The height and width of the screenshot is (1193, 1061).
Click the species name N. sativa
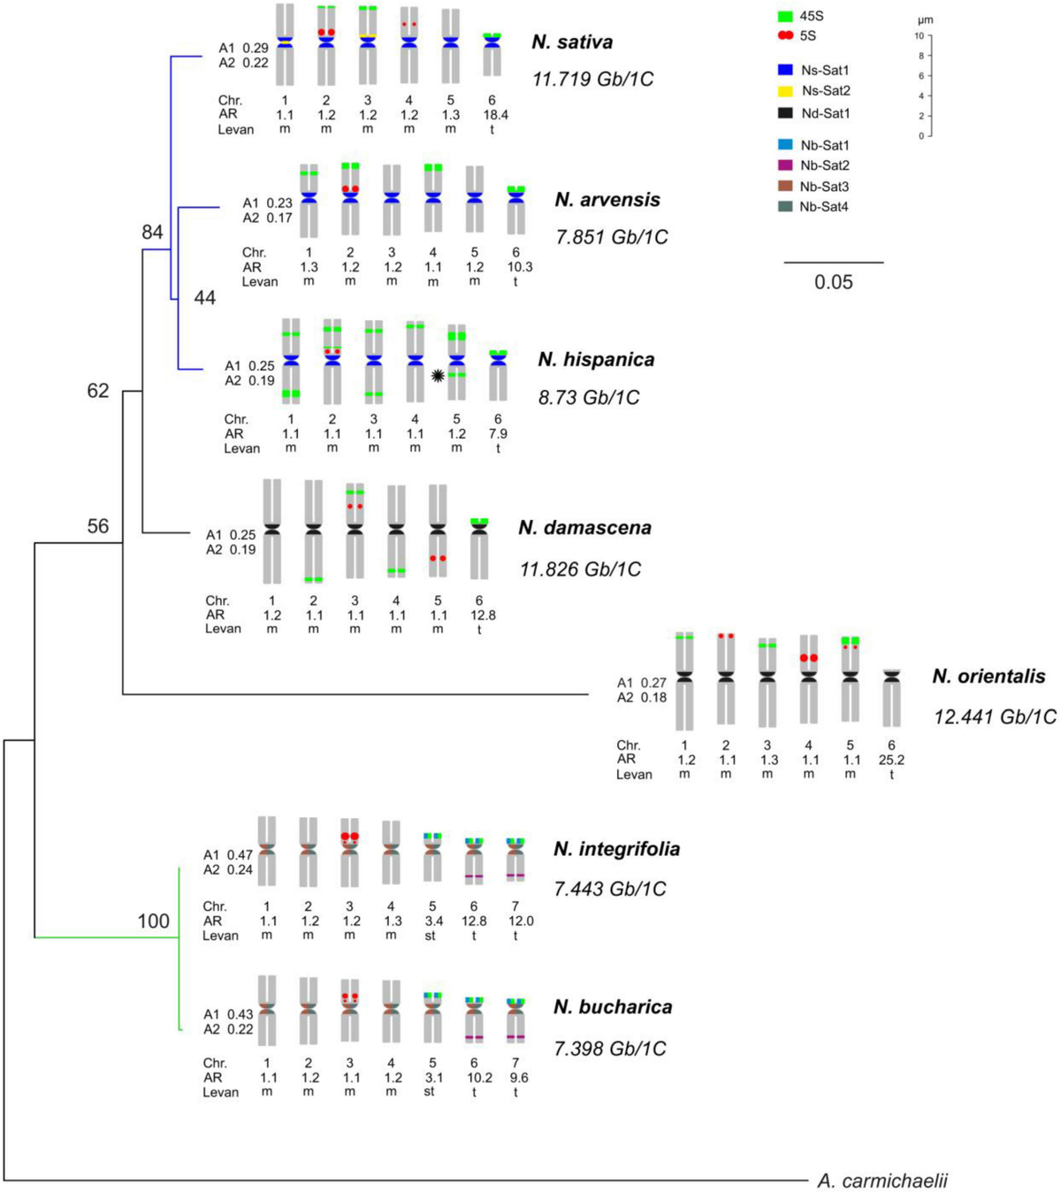pyautogui.click(x=572, y=42)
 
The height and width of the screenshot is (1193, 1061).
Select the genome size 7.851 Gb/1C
pyautogui.click(x=612, y=237)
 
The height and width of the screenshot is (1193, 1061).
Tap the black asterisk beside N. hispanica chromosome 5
pyautogui.click(x=437, y=375)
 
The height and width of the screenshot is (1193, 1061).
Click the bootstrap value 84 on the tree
pyautogui.click(x=153, y=233)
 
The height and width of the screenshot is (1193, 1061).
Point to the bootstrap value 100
pyautogui.click(x=153, y=922)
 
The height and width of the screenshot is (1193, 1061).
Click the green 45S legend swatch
pyautogui.click(x=785, y=17)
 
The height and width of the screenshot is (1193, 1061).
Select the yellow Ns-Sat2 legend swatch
pyautogui.click(x=785, y=91)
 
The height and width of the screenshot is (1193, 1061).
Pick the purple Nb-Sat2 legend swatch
pyautogui.click(x=785, y=165)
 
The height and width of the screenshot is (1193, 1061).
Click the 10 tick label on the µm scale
pyautogui.click(x=919, y=36)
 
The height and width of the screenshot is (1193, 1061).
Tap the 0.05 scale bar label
pyautogui.click(x=834, y=282)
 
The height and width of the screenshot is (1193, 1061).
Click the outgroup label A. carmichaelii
pyautogui.click(x=882, y=1181)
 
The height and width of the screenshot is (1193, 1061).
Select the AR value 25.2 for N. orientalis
pyautogui.click(x=892, y=760)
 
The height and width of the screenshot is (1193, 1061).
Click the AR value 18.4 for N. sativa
pyautogui.click(x=492, y=115)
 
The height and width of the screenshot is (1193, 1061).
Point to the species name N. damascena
pyautogui.click(x=584, y=528)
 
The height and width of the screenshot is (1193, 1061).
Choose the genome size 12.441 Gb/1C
pyautogui.click(x=995, y=716)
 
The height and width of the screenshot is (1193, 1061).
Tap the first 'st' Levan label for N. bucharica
pyautogui.click(x=430, y=1092)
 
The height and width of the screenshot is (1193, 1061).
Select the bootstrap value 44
pyautogui.click(x=205, y=298)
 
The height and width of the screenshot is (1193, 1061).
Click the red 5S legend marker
pyautogui.click(x=785, y=35)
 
